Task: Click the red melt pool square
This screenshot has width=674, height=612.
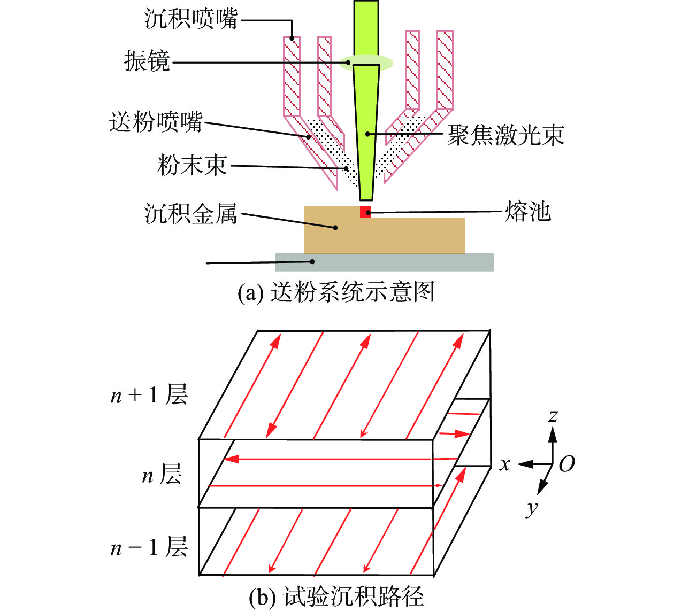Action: pyautogui.click(x=365, y=212)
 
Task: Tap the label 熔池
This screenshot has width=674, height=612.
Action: pyautogui.click(x=527, y=212)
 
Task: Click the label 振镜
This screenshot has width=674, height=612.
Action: pyautogui.click(x=147, y=61)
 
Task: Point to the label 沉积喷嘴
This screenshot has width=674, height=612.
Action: pyautogui.click(x=191, y=19)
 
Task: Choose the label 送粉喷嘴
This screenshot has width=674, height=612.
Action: pyautogui.click(x=156, y=122)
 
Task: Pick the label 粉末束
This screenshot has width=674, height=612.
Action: pyautogui.click(x=193, y=165)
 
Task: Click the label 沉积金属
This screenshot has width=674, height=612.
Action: pyautogui.click(x=191, y=214)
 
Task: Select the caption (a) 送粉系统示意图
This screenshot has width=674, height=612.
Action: pyautogui.click(x=336, y=292)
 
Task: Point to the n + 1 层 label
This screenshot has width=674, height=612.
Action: pyautogui.click(x=149, y=395)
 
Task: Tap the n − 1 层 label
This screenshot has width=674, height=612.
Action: pyautogui.click(x=149, y=547)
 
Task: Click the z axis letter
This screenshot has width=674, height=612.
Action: pyautogui.click(x=553, y=416)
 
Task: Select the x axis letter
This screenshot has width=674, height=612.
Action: pyautogui.click(x=505, y=464)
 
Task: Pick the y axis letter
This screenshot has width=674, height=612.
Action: pyautogui.click(x=532, y=507)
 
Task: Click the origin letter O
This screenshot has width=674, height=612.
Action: pyautogui.click(x=567, y=464)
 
